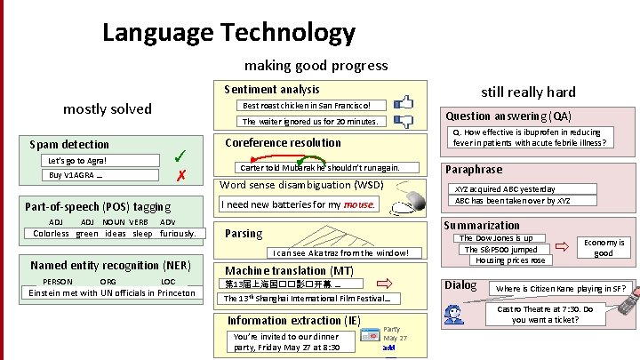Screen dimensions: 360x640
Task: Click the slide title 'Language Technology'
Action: (228, 33)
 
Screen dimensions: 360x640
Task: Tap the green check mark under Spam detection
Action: (181, 154)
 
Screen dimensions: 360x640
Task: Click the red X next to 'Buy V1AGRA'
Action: (180, 175)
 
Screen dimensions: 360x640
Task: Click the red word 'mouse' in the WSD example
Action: (358, 204)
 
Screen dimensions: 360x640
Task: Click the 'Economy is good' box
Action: (603, 248)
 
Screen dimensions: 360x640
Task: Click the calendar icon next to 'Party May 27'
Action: (371, 338)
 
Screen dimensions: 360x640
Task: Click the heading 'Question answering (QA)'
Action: (508, 116)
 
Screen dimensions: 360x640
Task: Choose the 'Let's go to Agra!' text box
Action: (78, 161)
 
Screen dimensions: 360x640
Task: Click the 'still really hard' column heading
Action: (528, 92)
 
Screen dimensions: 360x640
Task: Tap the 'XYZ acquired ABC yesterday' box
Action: (505, 189)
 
